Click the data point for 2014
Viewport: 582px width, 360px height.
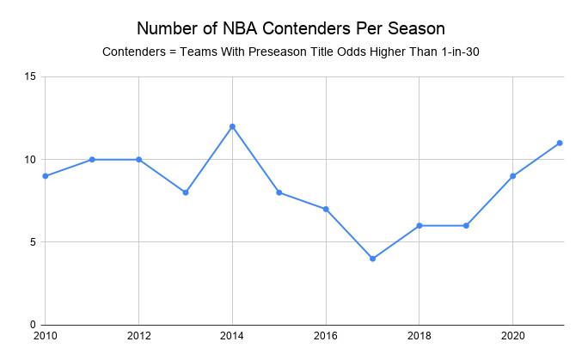click(x=232, y=126)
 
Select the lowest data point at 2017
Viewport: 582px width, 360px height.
click(x=372, y=259)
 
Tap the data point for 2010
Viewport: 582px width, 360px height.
click(x=45, y=176)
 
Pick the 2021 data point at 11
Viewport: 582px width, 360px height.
click(x=560, y=143)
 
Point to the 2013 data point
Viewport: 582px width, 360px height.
click(x=185, y=192)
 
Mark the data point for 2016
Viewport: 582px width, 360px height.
click(x=326, y=209)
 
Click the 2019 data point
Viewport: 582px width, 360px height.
click(x=466, y=225)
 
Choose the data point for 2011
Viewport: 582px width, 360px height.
click(x=91, y=160)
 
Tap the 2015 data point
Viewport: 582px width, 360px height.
click(x=279, y=192)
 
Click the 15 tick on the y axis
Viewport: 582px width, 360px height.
click(x=30, y=77)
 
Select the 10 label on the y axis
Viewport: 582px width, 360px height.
click(x=30, y=160)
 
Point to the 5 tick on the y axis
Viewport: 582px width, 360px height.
click(x=33, y=242)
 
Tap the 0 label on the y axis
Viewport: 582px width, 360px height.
click(x=33, y=325)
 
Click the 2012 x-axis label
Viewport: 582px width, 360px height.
click(x=138, y=335)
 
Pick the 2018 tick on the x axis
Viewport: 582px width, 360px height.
click(x=420, y=335)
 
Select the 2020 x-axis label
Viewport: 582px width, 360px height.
click(x=513, y=335)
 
